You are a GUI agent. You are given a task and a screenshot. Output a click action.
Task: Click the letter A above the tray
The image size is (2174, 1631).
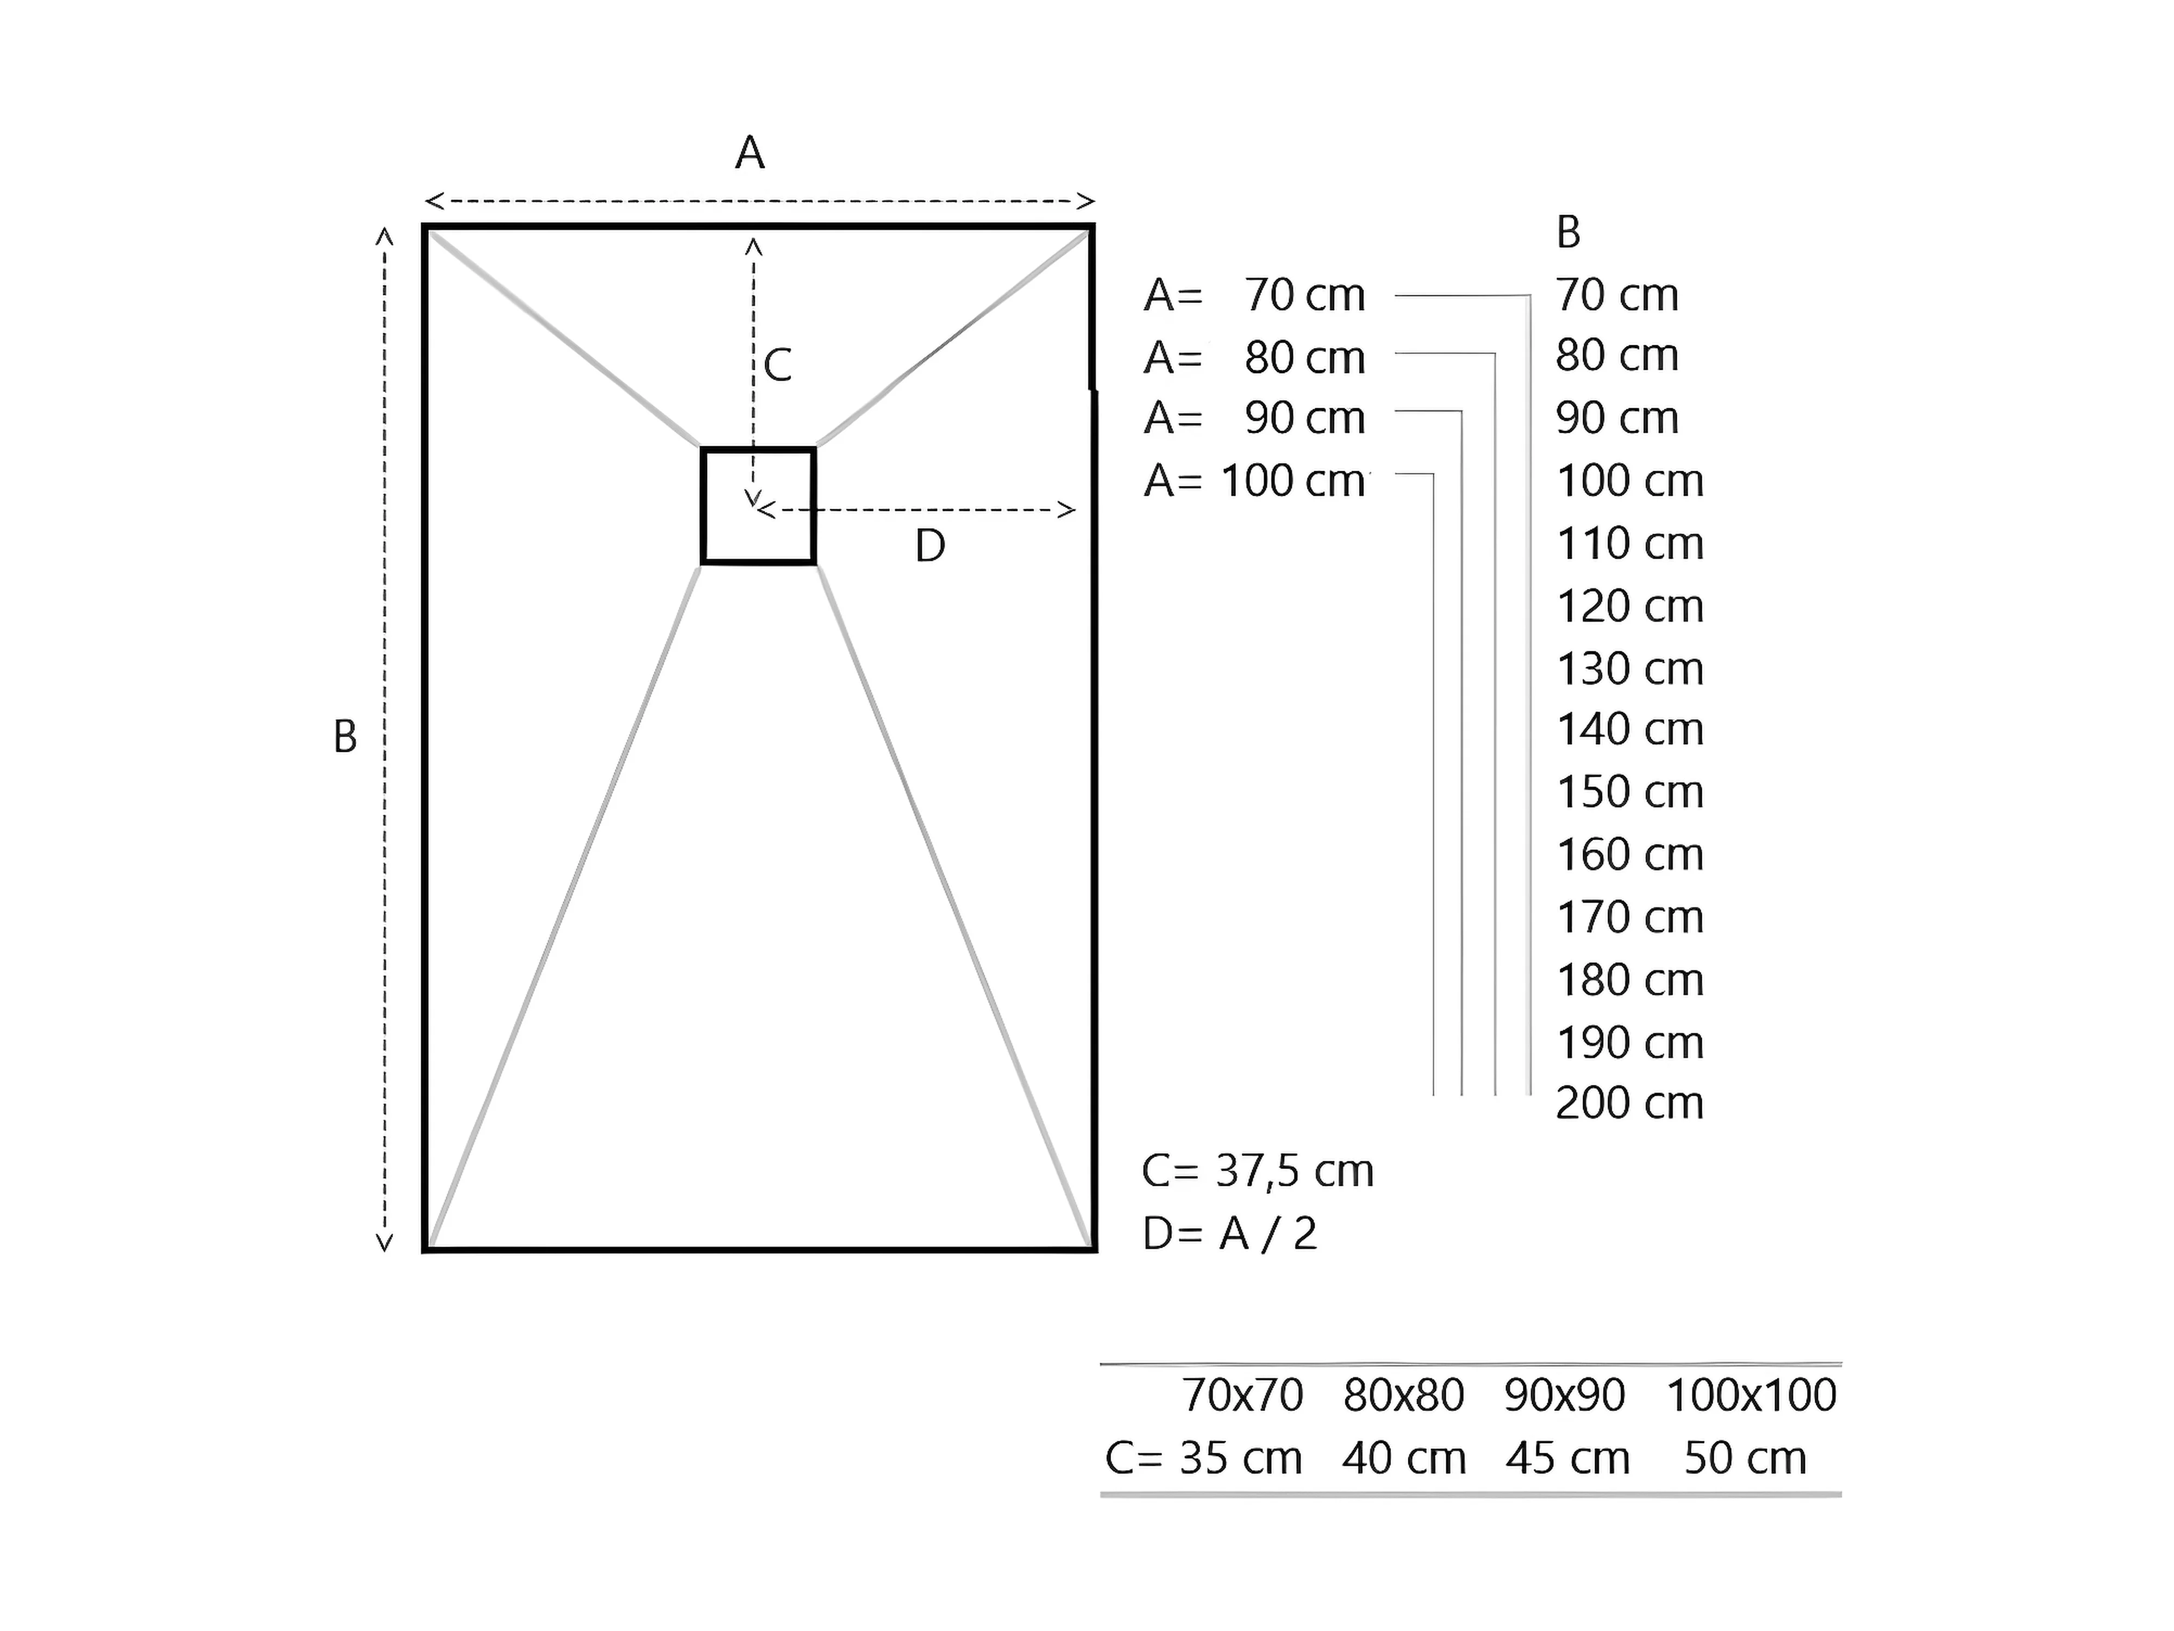750,153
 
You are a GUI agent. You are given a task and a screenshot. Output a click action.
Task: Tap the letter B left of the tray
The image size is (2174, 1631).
345,736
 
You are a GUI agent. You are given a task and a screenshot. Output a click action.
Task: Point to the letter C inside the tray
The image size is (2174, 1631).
777,366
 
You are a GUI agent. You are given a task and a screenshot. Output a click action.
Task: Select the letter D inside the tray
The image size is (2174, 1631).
930,546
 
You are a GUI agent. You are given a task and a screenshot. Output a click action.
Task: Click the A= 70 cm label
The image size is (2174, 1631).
1254,295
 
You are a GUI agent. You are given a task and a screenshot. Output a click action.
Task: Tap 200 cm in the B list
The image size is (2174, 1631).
1629,1103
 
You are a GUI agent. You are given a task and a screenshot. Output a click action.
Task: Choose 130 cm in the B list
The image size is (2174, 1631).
1629,669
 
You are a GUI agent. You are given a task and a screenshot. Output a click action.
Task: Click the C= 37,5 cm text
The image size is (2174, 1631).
1257,1171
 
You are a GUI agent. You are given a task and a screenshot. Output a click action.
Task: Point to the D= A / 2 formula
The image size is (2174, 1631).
1229,1234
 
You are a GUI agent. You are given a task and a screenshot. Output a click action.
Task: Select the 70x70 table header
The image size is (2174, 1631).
1242,1395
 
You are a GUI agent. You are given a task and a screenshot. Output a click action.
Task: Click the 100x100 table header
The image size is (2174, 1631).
1751,1395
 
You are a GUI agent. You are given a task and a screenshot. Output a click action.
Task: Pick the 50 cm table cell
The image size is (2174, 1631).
1746,1458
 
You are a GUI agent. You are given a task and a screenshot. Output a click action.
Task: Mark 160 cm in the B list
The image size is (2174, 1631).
1629,854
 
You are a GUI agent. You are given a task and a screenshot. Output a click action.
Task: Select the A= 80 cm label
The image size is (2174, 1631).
1254,358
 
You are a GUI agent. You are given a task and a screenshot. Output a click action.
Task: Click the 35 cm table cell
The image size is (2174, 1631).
1240,1458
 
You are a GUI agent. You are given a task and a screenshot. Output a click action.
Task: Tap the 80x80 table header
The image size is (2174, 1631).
1403,1395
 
